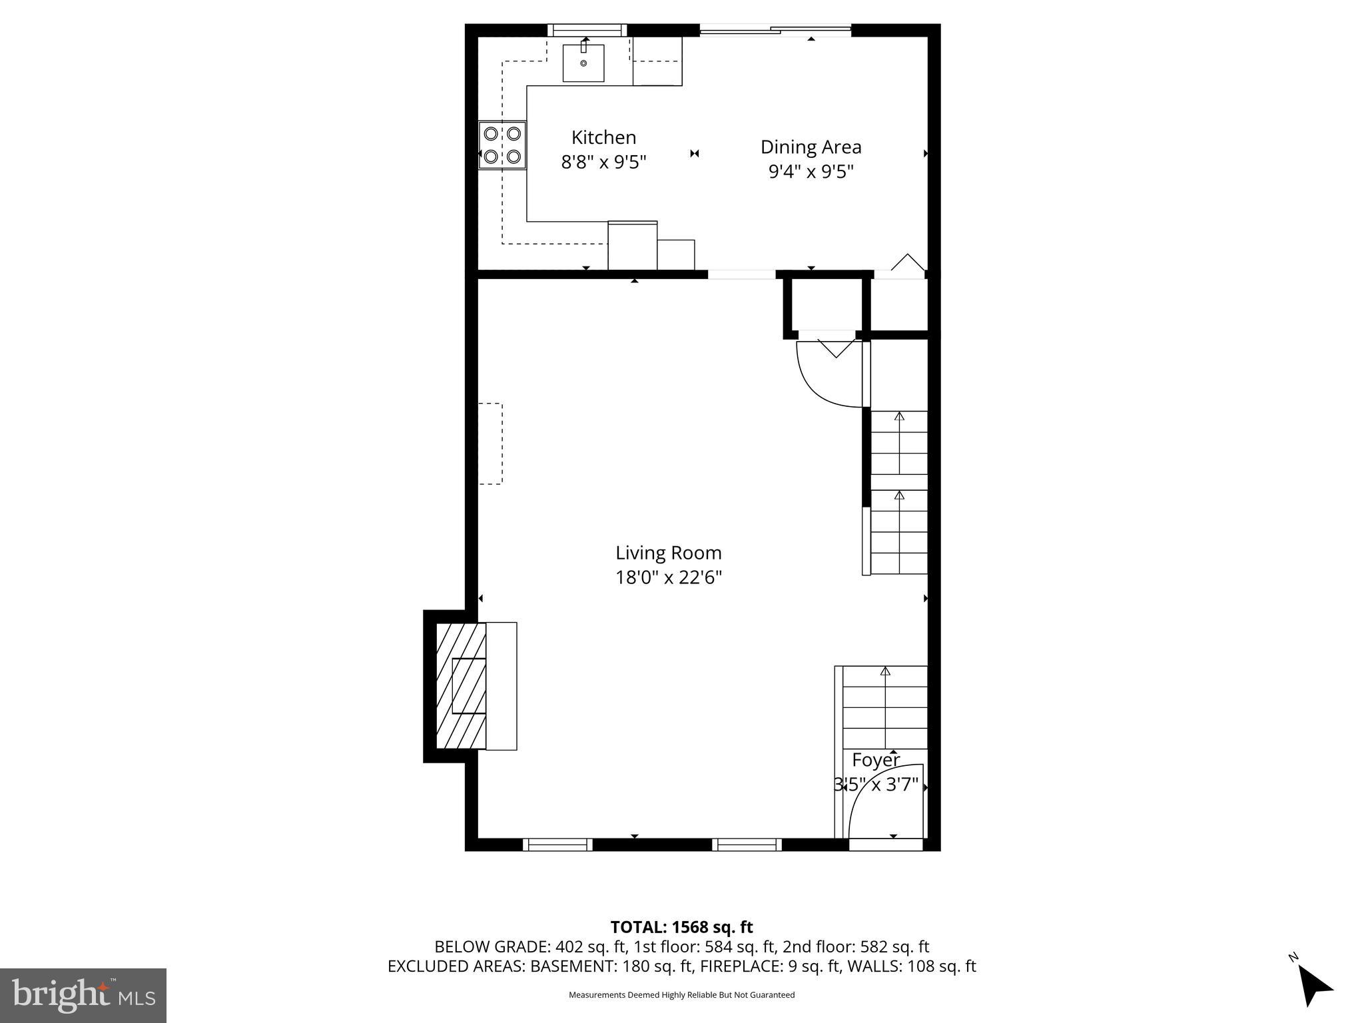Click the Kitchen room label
pyautogui.click(x=603, y=137)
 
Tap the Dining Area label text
pyautogui.click(x=811, y=147)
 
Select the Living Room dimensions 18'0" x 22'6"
pyautogui.click(x=668, y=577)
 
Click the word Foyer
pyautogui.click(x=876, y=760)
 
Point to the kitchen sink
pyautogui.click(x=583, y=63)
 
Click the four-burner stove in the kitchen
pyautogui.click(x=502, y=145)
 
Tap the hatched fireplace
pyautogui.click(x=461, y=686)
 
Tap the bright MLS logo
pyautogui.click(x=83, y=996)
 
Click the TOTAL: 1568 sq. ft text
pyautogui.click(x=681, y=927)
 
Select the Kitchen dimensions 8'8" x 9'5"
pyautogui.click(x=603, y=162)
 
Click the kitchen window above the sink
pyautogui.click(x=587, y=30)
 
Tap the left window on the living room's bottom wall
pyautogui.click(x=557, y=845)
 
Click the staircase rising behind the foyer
pyautogui.click(x=885, y=706)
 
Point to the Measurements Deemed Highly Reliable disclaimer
pyautogui.click(x=681, y=995)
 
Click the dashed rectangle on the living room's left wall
pyautogui.click(x=490, y=443)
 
